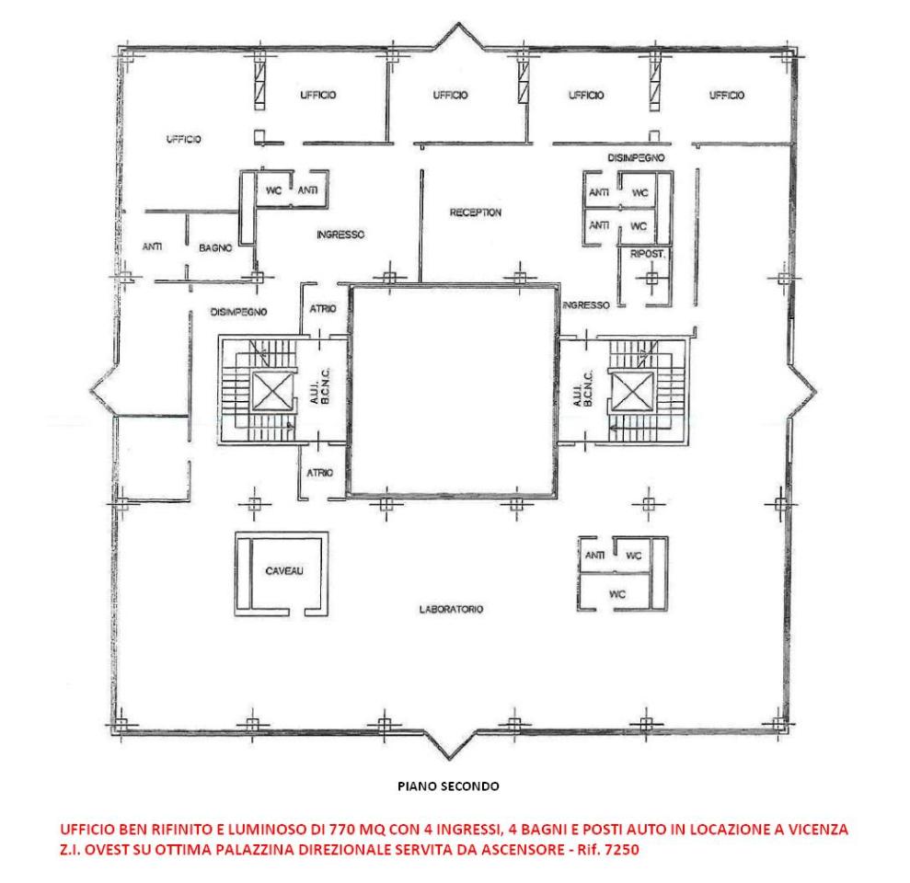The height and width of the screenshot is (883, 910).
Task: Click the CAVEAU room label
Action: [284, 571]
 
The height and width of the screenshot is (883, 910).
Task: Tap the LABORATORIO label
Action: [451, 609]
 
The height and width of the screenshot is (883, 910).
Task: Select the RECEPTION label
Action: [476, 212]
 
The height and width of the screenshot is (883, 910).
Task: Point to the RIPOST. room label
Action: [648, 254]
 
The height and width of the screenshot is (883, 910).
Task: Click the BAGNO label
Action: [215, 247]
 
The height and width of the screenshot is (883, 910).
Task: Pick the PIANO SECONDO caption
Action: [448, 786]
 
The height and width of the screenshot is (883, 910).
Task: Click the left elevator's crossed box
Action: [272, 392]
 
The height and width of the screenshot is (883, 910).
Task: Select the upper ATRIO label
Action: [323, 309]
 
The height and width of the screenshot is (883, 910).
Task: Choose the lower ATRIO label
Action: [320, 473]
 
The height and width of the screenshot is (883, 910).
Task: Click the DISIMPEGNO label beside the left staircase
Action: [238, 312]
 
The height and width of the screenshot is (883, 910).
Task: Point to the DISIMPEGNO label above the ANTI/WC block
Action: [636, 157]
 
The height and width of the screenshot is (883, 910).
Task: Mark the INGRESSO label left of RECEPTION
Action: [340, 235]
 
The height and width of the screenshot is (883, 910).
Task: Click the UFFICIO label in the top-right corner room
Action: [727, 95]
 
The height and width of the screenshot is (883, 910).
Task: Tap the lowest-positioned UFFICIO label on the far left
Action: [183, 139]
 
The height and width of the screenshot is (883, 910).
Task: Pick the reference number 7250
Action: [622, 850]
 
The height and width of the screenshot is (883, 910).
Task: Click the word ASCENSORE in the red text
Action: [522, 850]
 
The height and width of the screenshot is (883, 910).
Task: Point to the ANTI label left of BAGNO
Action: [152, 247]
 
